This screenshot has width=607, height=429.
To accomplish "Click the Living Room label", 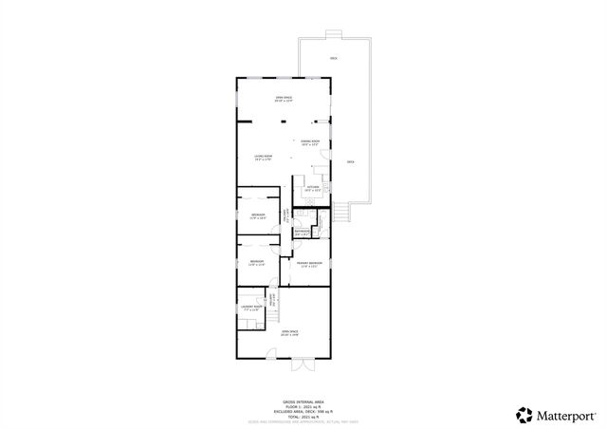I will [x=263, y=157].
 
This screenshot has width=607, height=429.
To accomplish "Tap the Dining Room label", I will [x=309, y=142].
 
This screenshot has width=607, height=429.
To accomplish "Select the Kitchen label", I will [x=313, y=188].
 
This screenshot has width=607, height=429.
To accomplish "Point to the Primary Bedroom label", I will [x=309, y=263].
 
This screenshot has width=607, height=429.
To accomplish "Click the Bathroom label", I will [x=302, y=231].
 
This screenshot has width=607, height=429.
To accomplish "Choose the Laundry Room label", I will [x=251, y=307].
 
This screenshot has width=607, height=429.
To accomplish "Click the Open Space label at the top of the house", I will [x=283, y=99].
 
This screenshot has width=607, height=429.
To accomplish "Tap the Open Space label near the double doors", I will [x=288, y=332].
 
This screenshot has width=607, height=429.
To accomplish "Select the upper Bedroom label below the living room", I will [x=258, y=215].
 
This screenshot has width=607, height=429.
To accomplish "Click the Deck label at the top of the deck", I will [x=333, y=59].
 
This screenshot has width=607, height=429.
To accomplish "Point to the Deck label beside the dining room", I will [x=350, y=162].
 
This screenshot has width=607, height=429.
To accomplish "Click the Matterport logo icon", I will [x=524, y=414].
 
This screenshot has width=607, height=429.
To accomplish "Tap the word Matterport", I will [x=567, y=414].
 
